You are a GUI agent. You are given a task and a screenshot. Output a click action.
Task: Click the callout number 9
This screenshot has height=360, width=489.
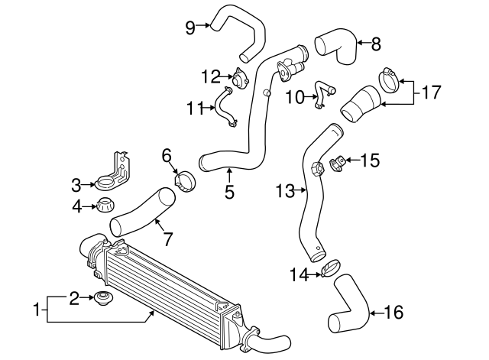pyautogui.click(x=190, y=28)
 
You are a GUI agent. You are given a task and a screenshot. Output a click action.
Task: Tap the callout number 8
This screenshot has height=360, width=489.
pyautogui.click(x=375, y=44)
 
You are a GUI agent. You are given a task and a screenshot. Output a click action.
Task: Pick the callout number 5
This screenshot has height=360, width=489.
pyautogui.click(x=229, y=193)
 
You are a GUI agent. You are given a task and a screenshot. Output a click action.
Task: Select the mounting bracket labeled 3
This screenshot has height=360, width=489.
pyautogui.click(x=113, y=172)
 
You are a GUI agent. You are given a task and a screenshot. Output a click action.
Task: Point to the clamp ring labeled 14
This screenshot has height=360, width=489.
pyautogui.click(x=330, y=269)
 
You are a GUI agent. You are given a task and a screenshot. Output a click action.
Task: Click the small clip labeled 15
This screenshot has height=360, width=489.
pyautogui.click(x=337, y=162)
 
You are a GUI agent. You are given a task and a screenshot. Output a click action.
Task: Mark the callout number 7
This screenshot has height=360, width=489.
pyautogui.click(x=168, y=239)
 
